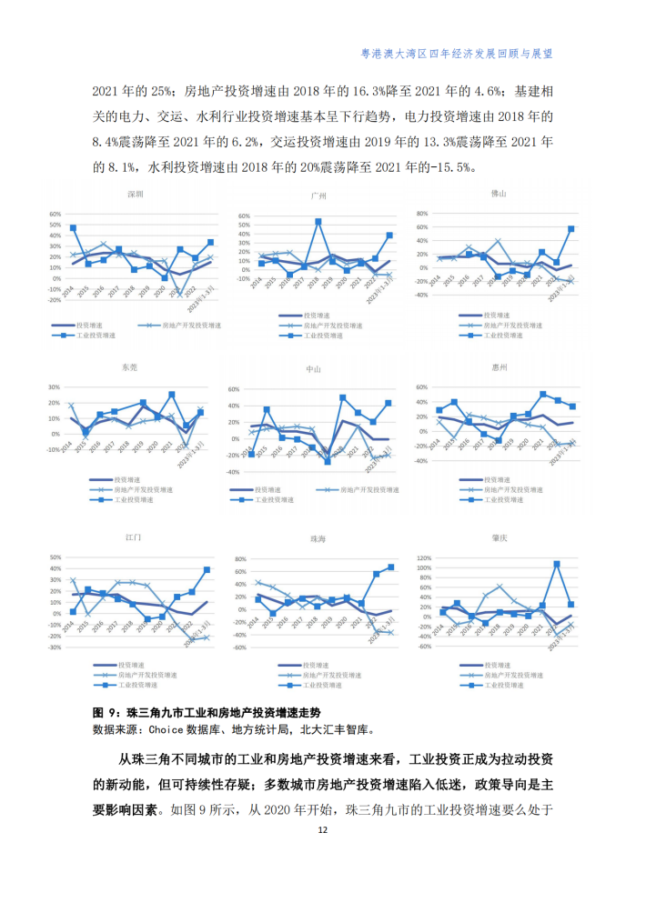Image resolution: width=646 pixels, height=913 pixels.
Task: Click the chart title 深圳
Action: pyautogui.click(x=135, y=195)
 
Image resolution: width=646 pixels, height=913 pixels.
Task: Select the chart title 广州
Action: pyautogui.click(x=318, y=196)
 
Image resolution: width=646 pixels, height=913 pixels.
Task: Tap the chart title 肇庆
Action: pyautogui.click(x=498, y=538)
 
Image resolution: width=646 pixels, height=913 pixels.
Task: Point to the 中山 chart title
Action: pyautogui.click(x=314, y=370)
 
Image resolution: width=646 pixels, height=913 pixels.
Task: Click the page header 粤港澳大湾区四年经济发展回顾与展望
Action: pyautogui.click(x=457, y=54)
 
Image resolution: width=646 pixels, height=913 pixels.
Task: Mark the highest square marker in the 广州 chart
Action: pyautogui.click(x=318, y=221)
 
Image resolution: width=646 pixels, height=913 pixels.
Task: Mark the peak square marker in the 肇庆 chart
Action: pyautogui.click(x=557, y=564)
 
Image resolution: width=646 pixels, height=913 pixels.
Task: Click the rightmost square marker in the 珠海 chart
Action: pyautogui.click(x=391, y=567)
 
